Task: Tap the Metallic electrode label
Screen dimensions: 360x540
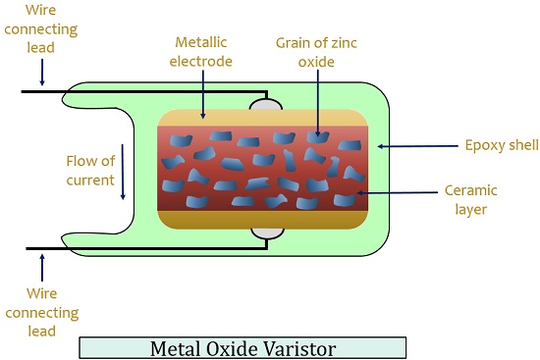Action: pos(204,53)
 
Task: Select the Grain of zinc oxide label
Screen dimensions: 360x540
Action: pos(317,53)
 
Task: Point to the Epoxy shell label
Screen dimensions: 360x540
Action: pos(501,146)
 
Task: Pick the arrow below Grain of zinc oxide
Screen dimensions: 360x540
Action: pos(317,108)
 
